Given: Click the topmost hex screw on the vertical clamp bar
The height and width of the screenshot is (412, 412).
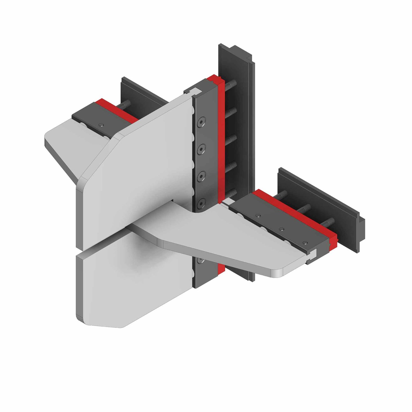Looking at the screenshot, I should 201,122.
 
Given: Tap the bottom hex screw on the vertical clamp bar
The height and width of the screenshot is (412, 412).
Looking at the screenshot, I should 201,203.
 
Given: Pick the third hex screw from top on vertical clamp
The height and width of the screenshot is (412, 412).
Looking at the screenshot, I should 201,176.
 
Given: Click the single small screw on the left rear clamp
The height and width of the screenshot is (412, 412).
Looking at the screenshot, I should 101,124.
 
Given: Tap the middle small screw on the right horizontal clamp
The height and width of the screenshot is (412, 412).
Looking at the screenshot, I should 282,229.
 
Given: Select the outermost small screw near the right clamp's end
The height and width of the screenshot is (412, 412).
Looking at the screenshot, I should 305,242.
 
